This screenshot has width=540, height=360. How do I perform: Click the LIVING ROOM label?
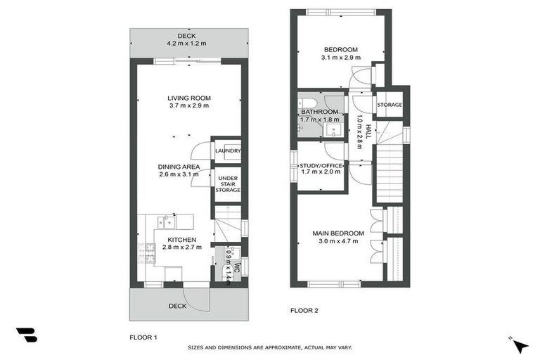(x=189, y=98)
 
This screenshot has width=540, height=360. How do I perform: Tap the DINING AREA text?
(x=179, y=167)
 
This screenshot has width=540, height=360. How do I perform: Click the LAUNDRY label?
(x=228, y=150)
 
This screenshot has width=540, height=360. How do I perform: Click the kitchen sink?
(x=167, y=222)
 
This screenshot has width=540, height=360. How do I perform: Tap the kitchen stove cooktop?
(x=148, y=251)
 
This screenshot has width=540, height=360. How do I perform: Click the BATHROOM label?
(x=320, y=112)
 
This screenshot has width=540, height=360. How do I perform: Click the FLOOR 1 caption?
(x=143, y=337)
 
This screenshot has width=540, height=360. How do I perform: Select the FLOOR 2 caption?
(x=305, y=309)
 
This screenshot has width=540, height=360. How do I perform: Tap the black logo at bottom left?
(x=26, y=335)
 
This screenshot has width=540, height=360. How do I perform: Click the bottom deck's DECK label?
(x=177, y=306)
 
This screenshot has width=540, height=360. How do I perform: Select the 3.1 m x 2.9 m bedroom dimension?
(x=340, y=58)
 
